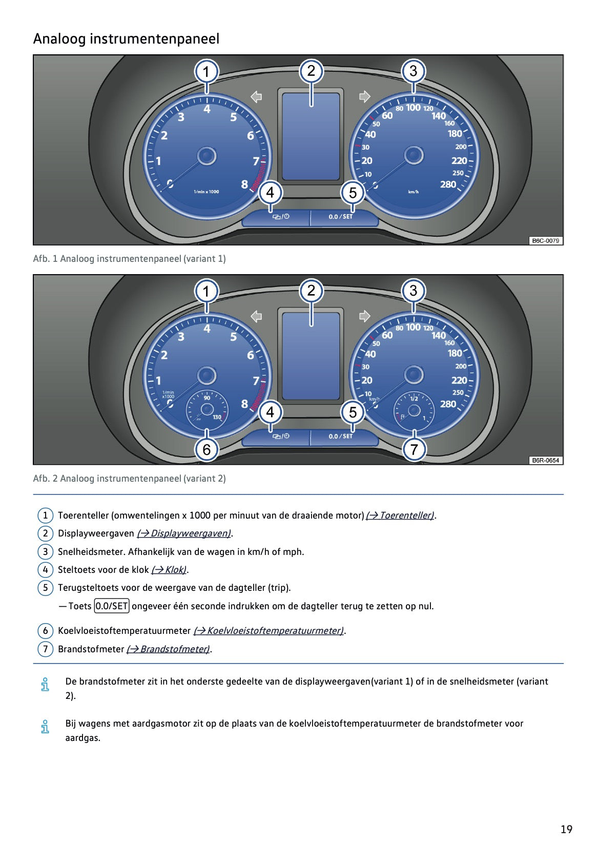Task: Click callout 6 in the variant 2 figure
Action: (x=207, y=449)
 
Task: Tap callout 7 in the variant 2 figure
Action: (x=414, y=449)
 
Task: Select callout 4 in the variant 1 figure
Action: (x=270, y=193)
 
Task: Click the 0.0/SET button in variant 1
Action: (x=341, y=217)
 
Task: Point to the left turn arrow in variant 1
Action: (x=256, y=96)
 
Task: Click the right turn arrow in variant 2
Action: (x=364, y=316)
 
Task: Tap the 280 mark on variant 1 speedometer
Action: (x=448, y=184)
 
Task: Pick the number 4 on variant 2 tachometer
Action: (x=207, y=328)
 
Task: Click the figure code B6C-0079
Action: (x=545, y=241)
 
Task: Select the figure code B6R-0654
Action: (x=545, y=460)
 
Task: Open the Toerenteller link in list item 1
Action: (x=400, y=515)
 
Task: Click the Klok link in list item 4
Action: (x=169, y=570)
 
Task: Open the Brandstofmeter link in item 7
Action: (x=169, y=649)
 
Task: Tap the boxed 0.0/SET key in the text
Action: (x=112, y=606)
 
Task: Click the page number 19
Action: (x=566, y=829)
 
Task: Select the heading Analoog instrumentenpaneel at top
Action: (x=126, y=39)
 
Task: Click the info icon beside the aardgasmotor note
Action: (x=45, y=726)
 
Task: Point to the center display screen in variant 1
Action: (x=311, y=136)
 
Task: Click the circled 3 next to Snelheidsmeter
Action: (x=45, y=552)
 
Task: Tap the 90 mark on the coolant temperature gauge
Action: (x=207, y=398)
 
